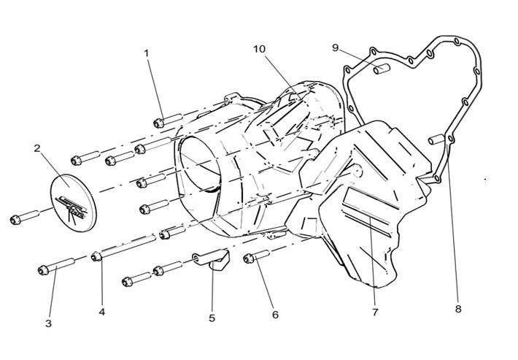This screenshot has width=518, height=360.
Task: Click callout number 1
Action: click(147, 53)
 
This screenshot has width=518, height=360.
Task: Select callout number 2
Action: click(37, 148)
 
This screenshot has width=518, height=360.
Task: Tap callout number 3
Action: click(48, 323)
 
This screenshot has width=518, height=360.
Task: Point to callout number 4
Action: click(101, 312)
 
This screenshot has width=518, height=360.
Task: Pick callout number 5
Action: click(212, 318)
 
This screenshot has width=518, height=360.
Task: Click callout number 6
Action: click(275, 315)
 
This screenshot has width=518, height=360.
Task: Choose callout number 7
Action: click(374, 312)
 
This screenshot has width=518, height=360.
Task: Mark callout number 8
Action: click(458, 309)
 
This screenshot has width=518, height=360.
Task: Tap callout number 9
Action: click(336, 48)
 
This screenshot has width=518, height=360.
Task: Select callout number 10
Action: click(259, 49)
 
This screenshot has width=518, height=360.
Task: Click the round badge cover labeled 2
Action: click(73, 203)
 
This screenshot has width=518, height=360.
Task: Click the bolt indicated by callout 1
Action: click(168, 120)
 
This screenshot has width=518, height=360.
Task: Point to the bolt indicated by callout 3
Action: click(56, 266)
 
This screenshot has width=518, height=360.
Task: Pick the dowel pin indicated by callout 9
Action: click(382, 69)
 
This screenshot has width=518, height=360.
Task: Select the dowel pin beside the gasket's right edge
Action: click(437, 139)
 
